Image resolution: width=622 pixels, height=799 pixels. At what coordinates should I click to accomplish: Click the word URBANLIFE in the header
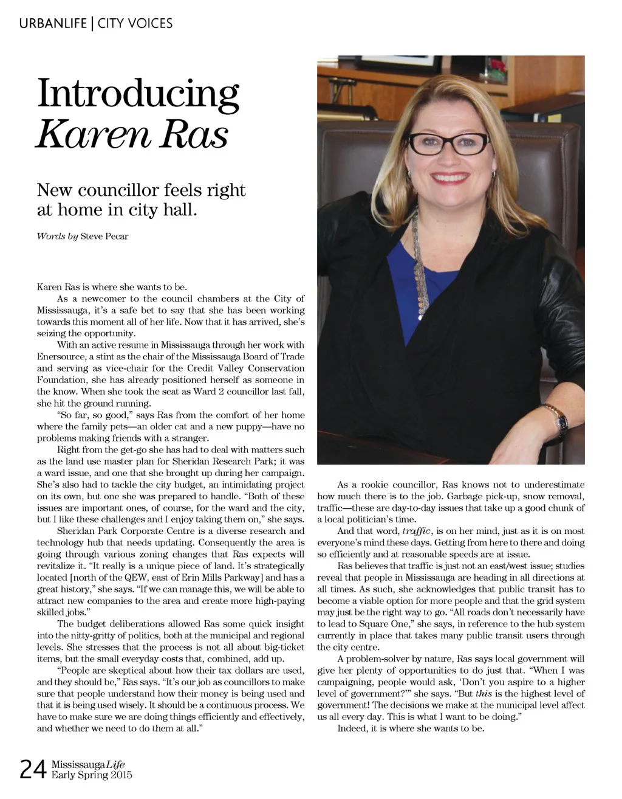point(53,24)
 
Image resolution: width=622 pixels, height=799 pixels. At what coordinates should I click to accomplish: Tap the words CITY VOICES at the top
point(135,24)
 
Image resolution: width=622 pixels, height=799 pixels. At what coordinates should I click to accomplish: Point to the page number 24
point(33,770)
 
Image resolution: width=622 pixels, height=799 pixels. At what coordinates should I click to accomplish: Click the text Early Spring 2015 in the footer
point(91,775)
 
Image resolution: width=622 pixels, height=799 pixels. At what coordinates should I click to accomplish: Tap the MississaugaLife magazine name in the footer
point(88,764)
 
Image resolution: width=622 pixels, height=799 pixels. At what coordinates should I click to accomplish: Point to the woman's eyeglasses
point(447,144)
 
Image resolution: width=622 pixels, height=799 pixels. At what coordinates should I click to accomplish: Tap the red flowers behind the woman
point(497,65)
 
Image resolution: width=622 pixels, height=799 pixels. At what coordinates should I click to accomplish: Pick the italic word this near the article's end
point(484,693)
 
